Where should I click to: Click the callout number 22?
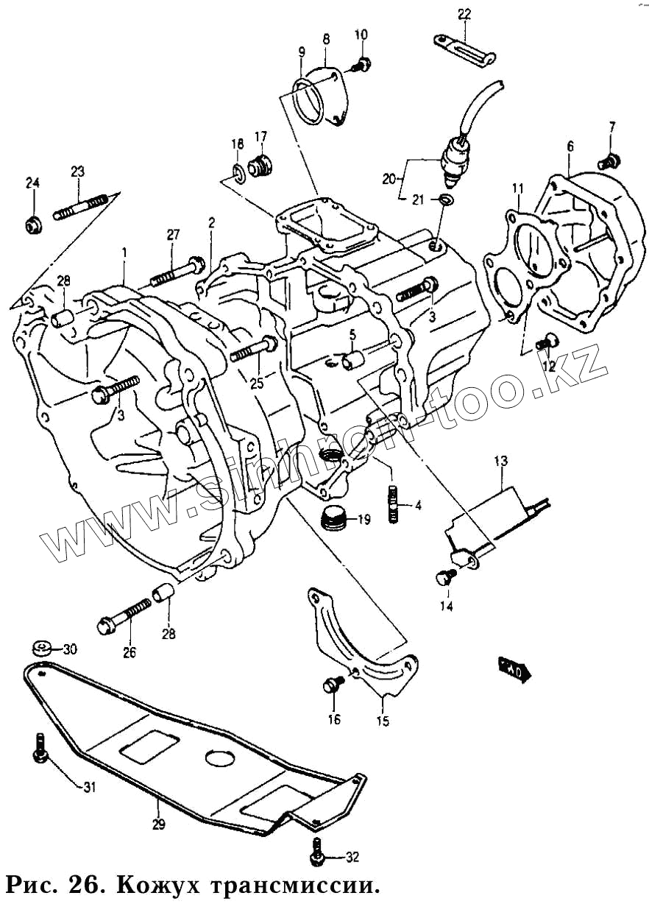coord(464,13)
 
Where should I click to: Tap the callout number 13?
coord(500,462)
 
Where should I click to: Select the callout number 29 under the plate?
coord(158,824)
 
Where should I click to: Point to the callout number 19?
coord(363,519)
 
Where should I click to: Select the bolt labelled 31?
coord(39,749)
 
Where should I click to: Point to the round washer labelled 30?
coord(42,649)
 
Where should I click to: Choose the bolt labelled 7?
coord(610,159)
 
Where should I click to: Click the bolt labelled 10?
coord(361,65)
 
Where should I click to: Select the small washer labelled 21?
coord(447,199)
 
